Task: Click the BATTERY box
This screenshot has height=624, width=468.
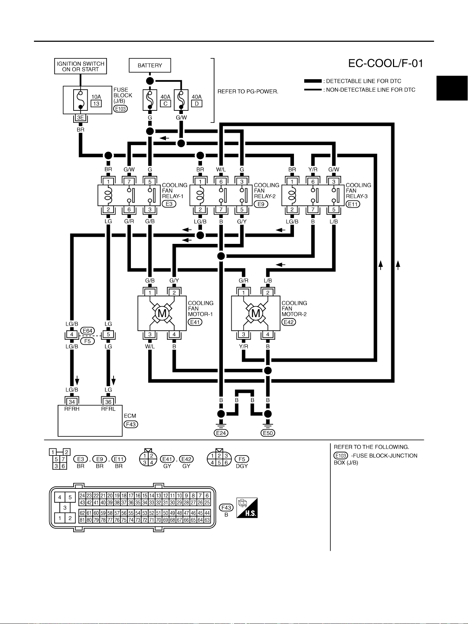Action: point(150,65)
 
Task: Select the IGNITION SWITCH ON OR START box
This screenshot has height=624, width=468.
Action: point(80,66)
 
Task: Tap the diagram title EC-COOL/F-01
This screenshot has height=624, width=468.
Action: point(386,63)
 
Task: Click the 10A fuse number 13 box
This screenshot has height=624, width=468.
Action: point(96,104)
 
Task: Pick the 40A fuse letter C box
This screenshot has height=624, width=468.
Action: point(165,104)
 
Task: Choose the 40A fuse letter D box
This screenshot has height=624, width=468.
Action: point(197,104)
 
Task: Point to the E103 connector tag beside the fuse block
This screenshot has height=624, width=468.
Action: point(120,109)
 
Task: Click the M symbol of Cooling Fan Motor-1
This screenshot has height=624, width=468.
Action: point(162,314)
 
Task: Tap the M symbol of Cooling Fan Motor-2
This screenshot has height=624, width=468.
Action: point(255,314)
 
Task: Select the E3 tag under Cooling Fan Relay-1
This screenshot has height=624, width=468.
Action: point(169,204)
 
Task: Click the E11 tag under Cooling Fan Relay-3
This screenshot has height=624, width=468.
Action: point(353,204)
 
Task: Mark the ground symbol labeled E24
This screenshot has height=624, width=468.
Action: point(221,423)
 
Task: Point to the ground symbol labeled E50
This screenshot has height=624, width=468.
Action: point(268,423)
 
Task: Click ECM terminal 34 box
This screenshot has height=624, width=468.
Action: point(72,402)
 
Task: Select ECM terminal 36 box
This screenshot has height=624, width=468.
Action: point(108,402)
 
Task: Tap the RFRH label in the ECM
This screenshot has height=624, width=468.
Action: point(72,409)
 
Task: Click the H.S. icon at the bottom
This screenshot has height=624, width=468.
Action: point(247,508)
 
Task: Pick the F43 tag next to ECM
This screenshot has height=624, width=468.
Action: point(131,424)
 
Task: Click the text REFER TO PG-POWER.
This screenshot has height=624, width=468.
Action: point(248,91)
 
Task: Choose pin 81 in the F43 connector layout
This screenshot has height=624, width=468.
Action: point(82,520)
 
